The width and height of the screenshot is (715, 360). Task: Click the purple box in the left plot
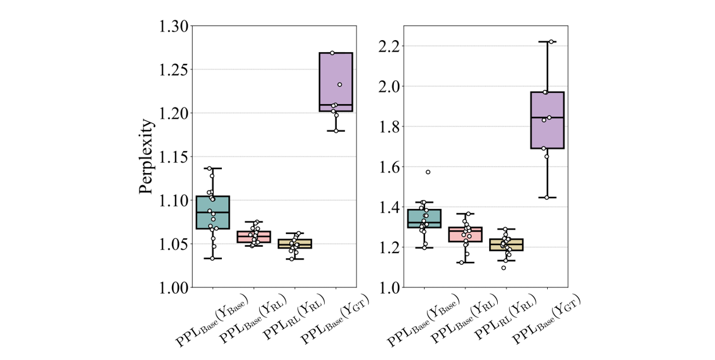(x=336, y=81)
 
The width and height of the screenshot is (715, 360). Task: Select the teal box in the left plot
(x=213, y=213)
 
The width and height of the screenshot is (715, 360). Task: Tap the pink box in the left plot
(x=254, y=237)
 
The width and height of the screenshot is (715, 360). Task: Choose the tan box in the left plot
(x=295, y=244)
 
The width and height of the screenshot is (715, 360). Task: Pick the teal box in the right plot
(x=424, y=218)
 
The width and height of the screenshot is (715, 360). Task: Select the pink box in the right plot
(x=465, y=235)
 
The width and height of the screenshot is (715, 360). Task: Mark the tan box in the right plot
(x=506, y=244)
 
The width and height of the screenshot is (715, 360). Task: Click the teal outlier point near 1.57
(x=428, y=172)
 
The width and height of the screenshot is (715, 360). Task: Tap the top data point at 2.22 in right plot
(x=551, y=42)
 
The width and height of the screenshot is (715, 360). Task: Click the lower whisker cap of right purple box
(x=547, y=197)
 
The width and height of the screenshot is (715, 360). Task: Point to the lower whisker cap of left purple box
(x=336, y=131)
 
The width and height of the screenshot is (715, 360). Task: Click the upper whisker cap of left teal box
(x=213, y=168)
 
